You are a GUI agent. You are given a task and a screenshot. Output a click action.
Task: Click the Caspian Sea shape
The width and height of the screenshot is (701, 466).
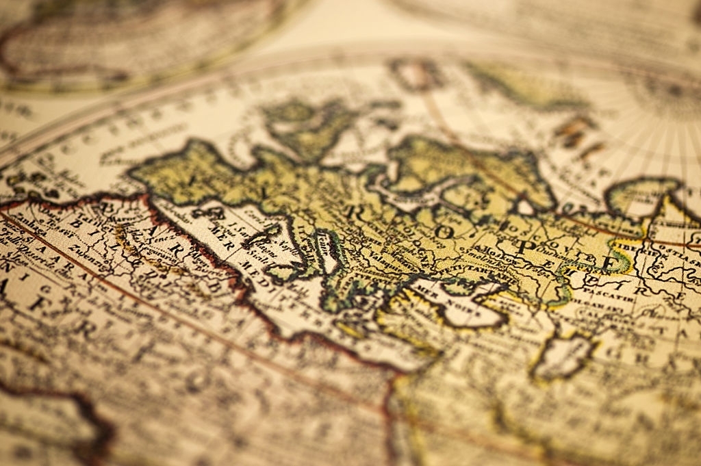click(564, 356)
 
